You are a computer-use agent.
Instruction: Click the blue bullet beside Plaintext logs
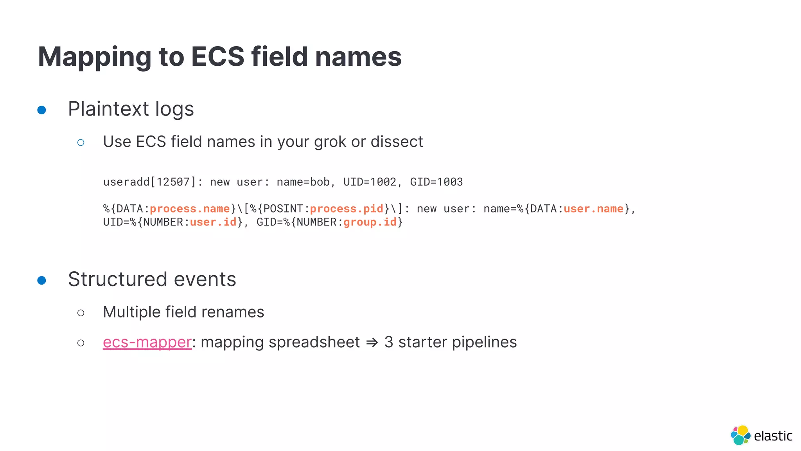[x=41, y=110]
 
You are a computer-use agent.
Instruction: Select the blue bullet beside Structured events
[x=41, y=280]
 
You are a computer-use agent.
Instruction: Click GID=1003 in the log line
[x=436, y=182]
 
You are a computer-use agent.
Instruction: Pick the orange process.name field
[x=190, y=209]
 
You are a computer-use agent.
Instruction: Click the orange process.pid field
[x=347, y=209]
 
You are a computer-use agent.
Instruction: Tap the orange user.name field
[x=593, y=209]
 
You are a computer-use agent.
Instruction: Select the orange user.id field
[x=213, y=222]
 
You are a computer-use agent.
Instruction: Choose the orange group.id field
[x=370, y=222]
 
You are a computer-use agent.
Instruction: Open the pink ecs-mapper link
[x=147, y=342]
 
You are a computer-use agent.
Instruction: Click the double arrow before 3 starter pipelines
[x=372, y=343]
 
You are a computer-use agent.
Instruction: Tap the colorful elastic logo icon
[x=740, y=435]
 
